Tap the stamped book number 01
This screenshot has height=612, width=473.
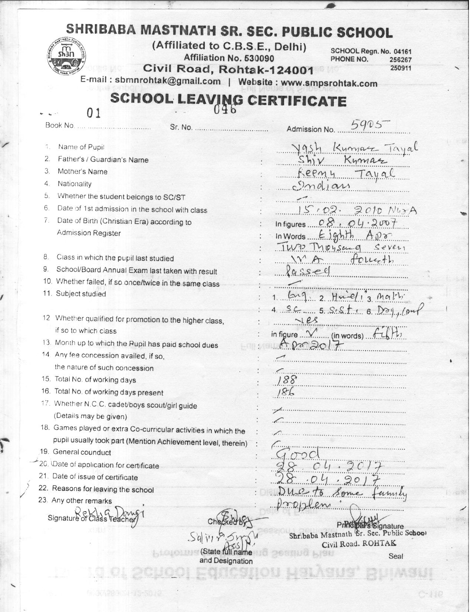93,113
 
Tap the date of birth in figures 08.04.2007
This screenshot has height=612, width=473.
353,223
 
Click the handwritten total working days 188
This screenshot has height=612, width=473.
288,379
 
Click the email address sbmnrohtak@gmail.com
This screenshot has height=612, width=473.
167,81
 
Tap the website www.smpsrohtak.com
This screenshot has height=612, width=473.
329,83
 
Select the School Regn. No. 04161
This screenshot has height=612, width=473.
403,52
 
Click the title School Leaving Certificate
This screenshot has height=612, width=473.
228,100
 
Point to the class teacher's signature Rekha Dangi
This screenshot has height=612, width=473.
109,513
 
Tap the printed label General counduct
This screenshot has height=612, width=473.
82,452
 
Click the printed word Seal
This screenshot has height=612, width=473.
395,556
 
